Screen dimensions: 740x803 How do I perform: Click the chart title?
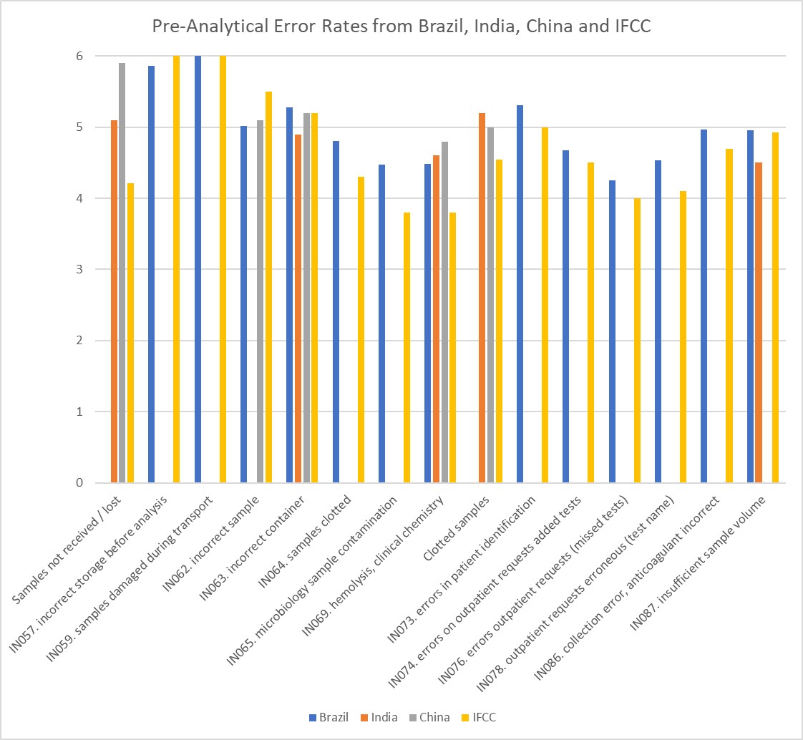click(401, 27)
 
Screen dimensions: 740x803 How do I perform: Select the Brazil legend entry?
click(328, 717)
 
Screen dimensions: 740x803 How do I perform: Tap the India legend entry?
click(380, 717)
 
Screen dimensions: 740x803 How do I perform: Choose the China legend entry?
click(429, 717)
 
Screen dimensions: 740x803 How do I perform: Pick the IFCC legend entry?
click(479, 717)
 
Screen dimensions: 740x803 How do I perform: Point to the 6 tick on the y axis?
click(59, 56)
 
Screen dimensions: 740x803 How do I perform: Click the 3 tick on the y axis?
click(59, 269)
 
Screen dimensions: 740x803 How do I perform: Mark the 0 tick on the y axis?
click(59, 482)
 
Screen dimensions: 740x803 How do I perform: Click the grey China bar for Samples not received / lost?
click(122, 273)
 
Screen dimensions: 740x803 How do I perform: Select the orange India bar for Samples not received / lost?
click(114, 301)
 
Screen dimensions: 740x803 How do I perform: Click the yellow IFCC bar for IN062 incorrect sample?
click(268, 287)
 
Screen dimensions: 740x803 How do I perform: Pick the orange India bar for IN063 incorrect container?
click(298, 308)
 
